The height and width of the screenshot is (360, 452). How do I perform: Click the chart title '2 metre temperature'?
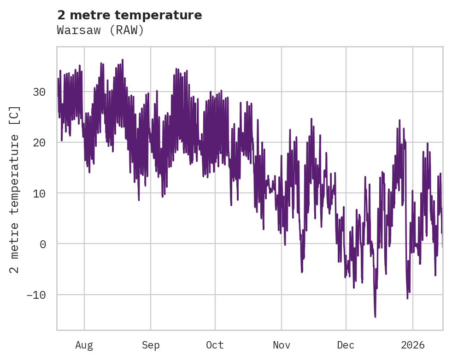[x=129, y=15]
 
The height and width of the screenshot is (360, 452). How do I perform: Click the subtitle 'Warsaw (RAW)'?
[x=100, y=30]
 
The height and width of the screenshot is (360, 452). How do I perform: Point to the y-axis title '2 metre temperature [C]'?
[x=15, y=189]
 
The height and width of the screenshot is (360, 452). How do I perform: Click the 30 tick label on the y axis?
[x=39, y=92]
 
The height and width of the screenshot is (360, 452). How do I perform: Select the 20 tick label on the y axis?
[x=39, y=142]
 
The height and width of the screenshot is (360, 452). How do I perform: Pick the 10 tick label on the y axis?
[x=39, y=193]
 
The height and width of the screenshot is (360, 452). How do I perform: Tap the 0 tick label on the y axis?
[x=42, y=244]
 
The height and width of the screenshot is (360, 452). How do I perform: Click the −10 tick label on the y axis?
[x=36, y=295]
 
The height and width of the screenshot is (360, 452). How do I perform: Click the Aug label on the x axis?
[x=84, y=345]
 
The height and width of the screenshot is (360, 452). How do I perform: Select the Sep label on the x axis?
[x=150, y=345]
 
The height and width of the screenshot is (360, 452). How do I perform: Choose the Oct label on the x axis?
[x=215, y=345]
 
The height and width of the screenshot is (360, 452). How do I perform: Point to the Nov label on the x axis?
[x=281, y=345]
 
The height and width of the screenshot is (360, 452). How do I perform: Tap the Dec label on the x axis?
[x=346, y=345]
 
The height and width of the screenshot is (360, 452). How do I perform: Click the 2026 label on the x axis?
[x=412, y=345]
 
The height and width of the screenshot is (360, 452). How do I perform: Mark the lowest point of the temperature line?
[x=375, y=317]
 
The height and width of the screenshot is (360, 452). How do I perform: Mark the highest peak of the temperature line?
[x=123, y=59]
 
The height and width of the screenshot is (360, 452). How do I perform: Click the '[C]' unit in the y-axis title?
[x=15, y=116]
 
